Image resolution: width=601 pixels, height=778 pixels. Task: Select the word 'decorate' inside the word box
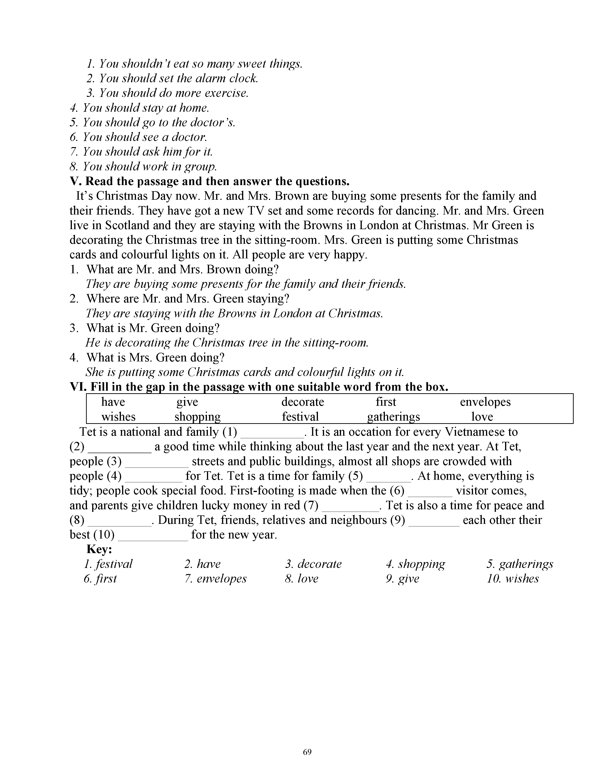point(303,402)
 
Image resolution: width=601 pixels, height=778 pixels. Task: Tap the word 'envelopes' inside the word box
point(485,402)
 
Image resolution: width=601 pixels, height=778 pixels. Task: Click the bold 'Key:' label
point(99,549)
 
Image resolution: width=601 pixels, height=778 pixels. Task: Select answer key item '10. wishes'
point(513,579)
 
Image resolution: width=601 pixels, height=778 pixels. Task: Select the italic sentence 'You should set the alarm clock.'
point(172,78)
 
